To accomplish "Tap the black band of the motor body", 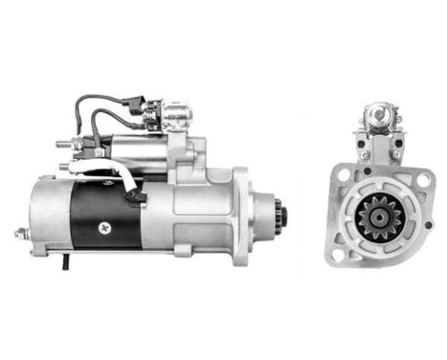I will point(105,215).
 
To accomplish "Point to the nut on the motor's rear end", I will point(20,233).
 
